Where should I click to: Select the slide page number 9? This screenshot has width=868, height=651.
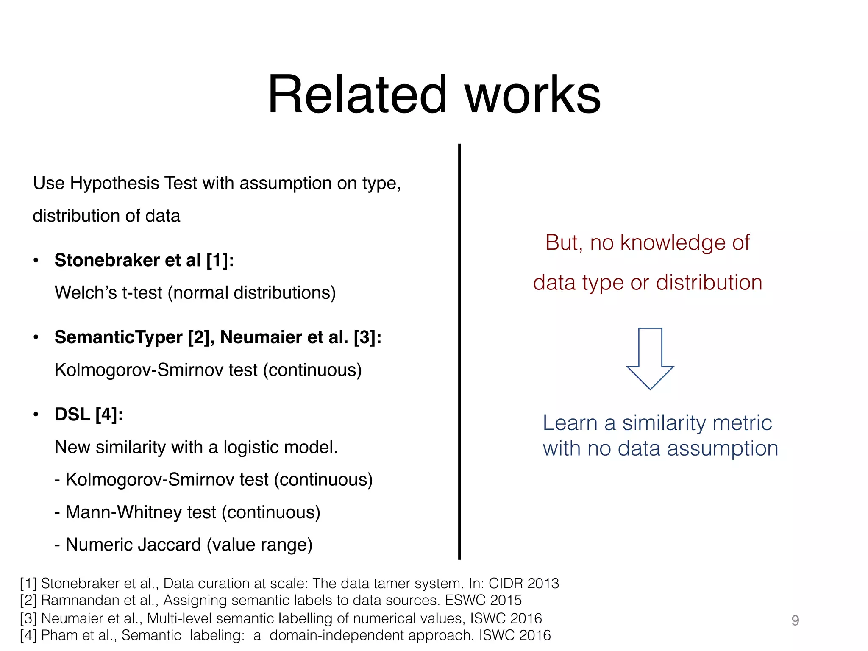pos(795,620)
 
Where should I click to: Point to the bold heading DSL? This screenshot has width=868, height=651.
pos(72,415)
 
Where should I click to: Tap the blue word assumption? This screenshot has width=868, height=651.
pos(723,448)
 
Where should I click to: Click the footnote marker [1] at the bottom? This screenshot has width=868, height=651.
pos(28,584)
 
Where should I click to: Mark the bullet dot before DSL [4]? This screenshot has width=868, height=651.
pos(36,415)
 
